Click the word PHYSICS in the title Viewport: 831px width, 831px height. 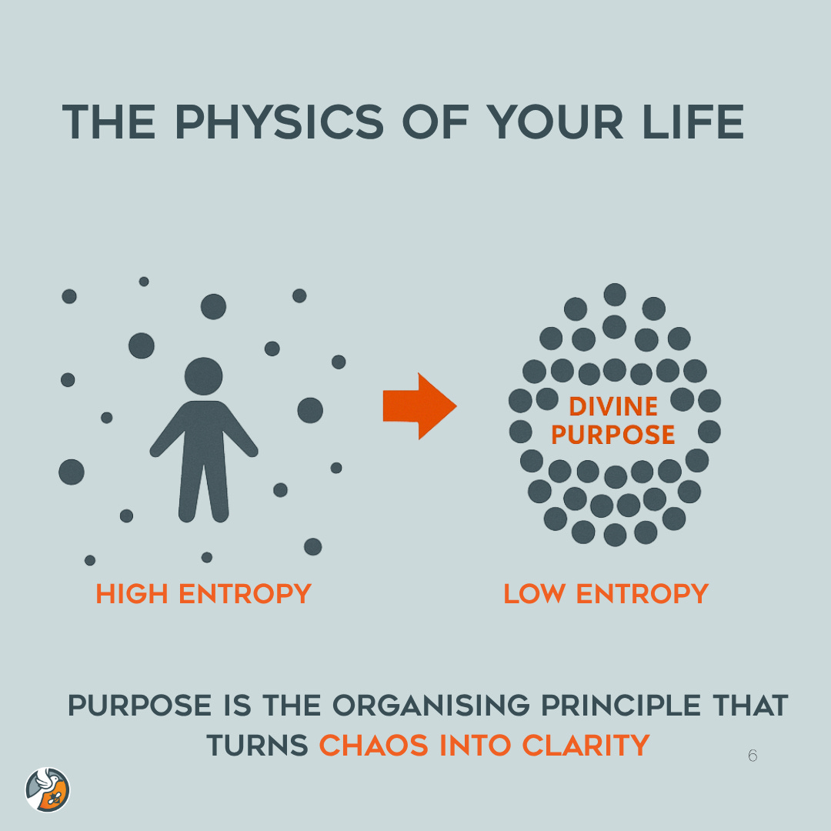(x=279, y=121)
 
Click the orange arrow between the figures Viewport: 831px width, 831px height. (x=419, y=406)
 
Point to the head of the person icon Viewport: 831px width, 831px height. (x=204, y=376)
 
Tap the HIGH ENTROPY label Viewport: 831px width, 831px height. (x=203, y=594)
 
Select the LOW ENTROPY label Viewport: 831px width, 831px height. (x=606, y=594)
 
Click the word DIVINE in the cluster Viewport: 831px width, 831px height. (x=613, y=406)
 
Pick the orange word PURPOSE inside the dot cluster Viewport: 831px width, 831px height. (x=613, y=435)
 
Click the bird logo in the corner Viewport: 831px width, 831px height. (x=48, y=789)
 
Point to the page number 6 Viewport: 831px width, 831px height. (x=752, y=756)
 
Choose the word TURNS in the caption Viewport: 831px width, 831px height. (x=257, y=745)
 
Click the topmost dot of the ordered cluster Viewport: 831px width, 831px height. (x=615, y=295)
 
